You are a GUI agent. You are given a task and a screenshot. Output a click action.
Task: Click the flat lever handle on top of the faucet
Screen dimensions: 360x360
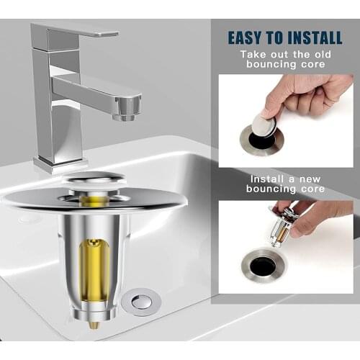point(76,30)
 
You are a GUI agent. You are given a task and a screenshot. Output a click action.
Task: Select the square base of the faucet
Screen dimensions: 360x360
point(62,163)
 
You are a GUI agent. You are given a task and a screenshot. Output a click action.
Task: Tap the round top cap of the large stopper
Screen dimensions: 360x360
point(94,179)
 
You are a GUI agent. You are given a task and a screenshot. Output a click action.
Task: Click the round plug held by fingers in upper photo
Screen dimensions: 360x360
point(264,127)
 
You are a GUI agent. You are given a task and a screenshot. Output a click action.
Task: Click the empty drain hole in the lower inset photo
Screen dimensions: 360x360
point(263,266)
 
